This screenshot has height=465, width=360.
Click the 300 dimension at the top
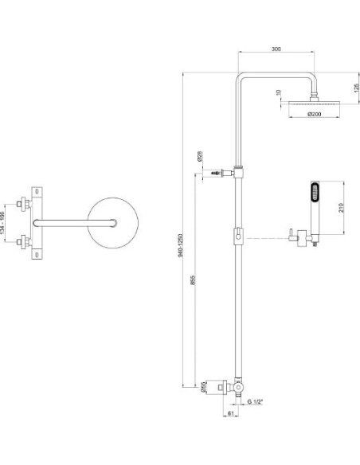point(276,49)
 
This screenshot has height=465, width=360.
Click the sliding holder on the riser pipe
point(237,236)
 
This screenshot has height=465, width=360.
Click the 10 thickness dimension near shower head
point(278,93)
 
